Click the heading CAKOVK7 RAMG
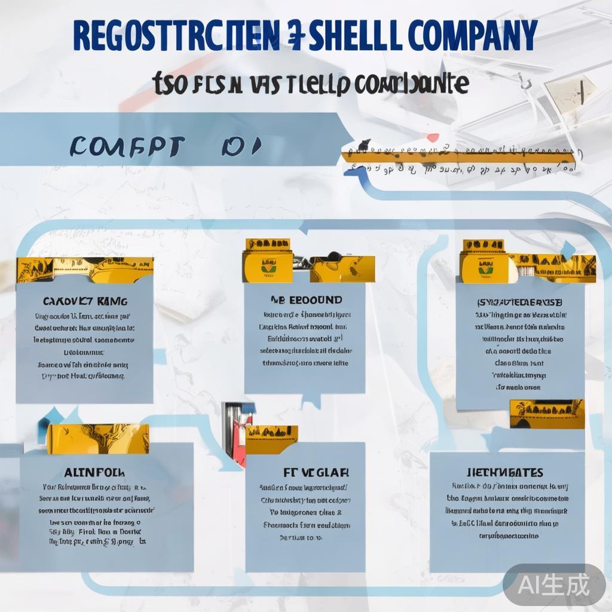pos(84,301)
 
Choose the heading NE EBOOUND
pos(305,299)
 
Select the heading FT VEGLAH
pos(305,472)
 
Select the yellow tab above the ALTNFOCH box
pos(98,434)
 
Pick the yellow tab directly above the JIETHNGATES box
pos(546,414)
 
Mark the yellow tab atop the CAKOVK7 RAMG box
pos(85,270)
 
